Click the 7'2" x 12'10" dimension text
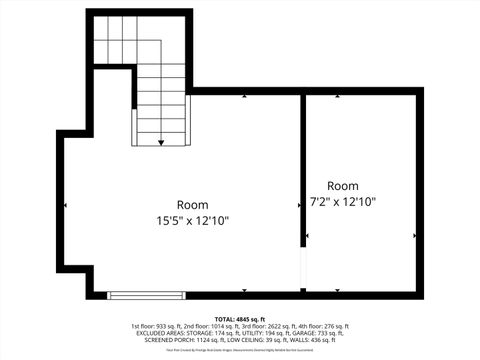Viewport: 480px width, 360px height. [343, 202]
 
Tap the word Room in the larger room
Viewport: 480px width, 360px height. [193, 204]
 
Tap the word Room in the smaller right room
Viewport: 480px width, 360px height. [342, 186]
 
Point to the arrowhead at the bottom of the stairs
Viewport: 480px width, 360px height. [161, 144]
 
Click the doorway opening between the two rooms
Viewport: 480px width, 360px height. [303, 269]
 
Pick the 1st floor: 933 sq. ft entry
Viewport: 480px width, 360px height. [155, 326]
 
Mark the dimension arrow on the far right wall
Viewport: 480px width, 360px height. [414, 236]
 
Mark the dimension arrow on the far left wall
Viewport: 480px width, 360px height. [66, 206]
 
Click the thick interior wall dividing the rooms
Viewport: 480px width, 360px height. [303, 170]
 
